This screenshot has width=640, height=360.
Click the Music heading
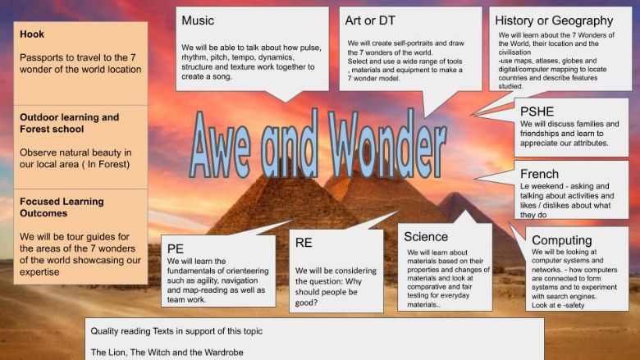[198, 21]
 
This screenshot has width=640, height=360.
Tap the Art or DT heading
[370, 21]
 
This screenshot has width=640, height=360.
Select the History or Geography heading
[554, 21]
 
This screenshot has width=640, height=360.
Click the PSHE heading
[537, 112]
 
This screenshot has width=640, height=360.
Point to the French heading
[539, 174]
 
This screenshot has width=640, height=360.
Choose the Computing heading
[561, 240]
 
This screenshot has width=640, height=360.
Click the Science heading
[426, 237]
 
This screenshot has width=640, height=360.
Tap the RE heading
[304, 243]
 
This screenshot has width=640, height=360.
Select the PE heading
[175, 248]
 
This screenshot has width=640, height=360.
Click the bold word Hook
[32, 34]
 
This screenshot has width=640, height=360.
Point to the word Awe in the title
[221, 144]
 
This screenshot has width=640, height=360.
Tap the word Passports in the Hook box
[37, 58]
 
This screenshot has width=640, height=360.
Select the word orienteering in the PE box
[247, 271]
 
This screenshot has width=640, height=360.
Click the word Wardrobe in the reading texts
[224, 353]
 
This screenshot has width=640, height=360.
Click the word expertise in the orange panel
[39, 272]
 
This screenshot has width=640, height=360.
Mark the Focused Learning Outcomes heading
[62, 207]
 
